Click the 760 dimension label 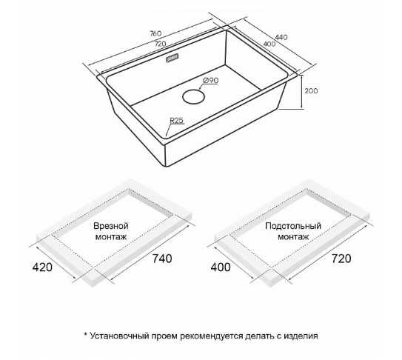click(x=155, y=33)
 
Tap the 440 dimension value click(x=281, y=37)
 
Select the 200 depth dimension click(x=311, y=91)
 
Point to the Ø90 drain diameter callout click(x=211, y=80)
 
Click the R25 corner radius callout click(x=177, y=120)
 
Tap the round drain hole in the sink click(x=193, y=96)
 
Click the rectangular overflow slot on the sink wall click(x=172, y=58)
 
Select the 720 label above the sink click(x=160, y=44)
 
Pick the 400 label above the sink click(x=269, y=44)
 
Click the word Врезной click(x=111, y=226)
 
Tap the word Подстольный click(x=293, y=226)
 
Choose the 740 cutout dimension click(x=162, y=259)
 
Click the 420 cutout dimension click(x=42, y=267)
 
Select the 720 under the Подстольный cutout click(x=341, y=259)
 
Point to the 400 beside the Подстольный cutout click(x=221, y=267)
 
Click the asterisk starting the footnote click(x=86, y=334)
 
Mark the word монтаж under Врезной click(x=111, y=236)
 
